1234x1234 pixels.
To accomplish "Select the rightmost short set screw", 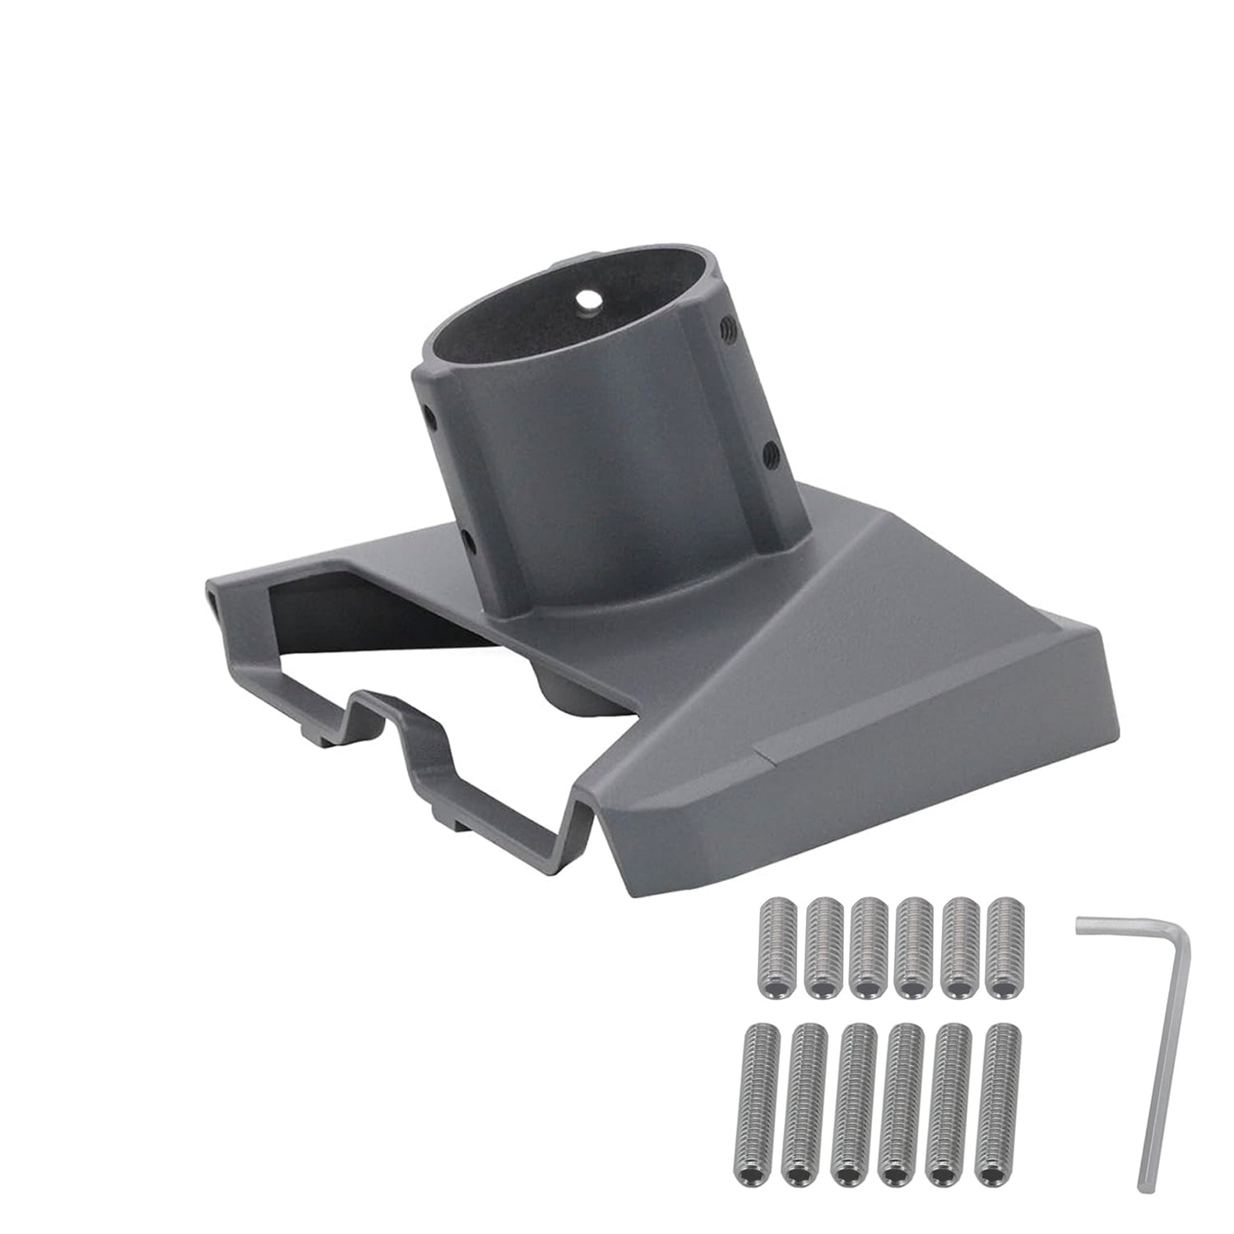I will click(x=1000, y=949).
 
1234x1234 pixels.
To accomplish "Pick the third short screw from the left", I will click(x=866, y=949).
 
